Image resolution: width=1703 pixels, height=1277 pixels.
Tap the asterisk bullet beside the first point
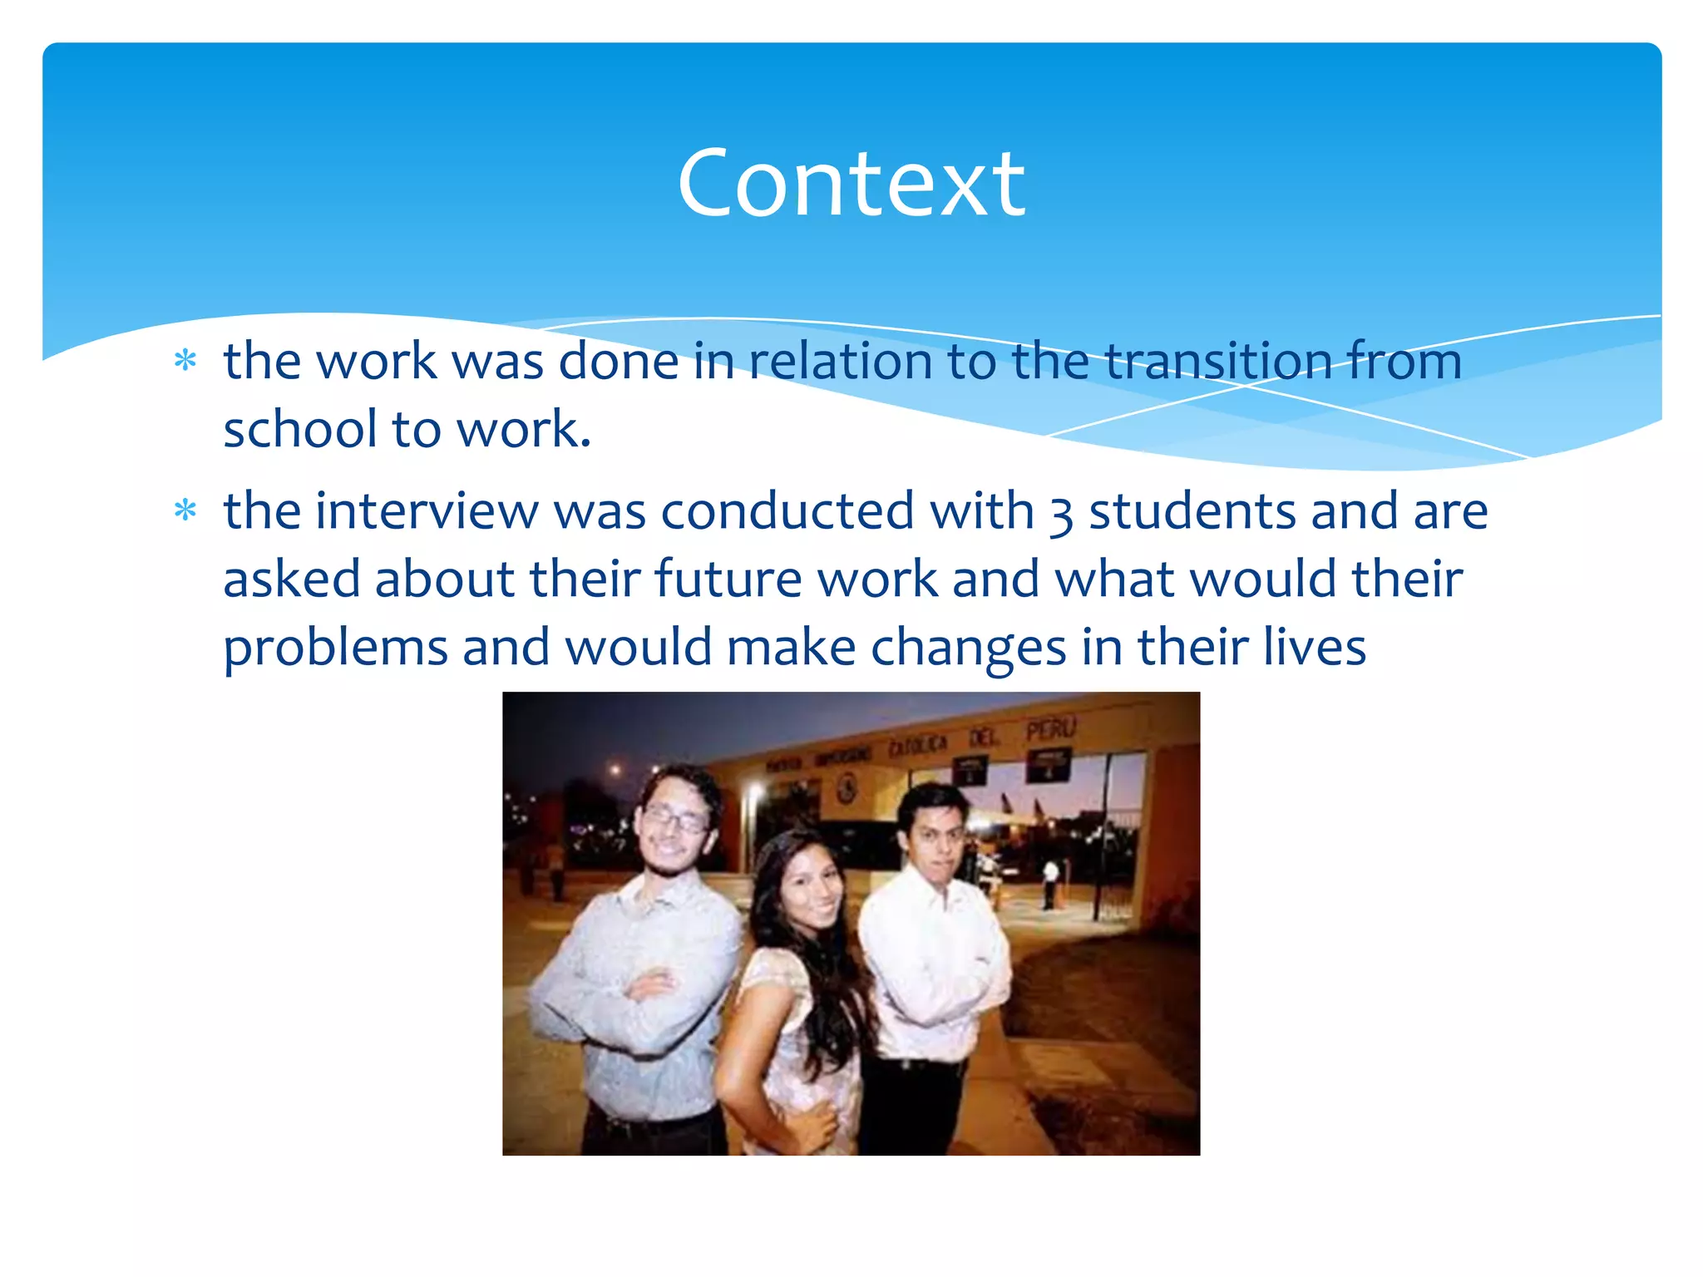click(185, 361)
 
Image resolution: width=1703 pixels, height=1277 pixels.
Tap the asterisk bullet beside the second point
click(185, 510)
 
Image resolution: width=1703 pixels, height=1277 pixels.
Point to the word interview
click(426, 510)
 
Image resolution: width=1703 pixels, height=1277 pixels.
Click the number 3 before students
click(1061, 514)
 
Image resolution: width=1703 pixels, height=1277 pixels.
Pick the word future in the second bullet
click(728, 579)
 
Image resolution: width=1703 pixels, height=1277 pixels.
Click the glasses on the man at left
click(675, 821)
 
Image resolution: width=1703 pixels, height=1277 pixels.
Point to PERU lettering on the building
click(1050, 730)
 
